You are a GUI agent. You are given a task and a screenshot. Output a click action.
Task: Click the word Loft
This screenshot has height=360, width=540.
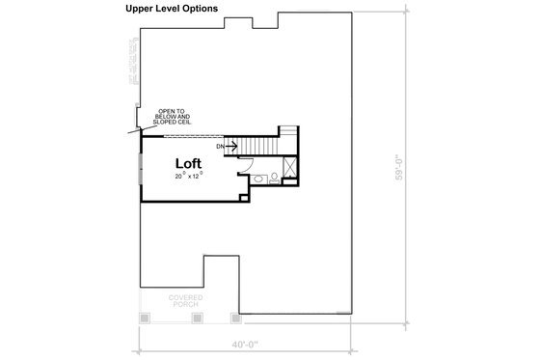pos(188,163)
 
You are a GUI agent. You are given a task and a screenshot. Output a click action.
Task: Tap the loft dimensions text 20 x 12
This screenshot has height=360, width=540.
pos(189,177)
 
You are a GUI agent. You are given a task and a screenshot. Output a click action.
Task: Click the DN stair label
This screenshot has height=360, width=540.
pos(221,146)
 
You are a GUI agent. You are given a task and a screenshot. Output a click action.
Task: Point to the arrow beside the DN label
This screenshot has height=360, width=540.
pos(232,146)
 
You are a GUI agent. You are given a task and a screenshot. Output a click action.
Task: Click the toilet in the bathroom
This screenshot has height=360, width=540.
pos(275,177)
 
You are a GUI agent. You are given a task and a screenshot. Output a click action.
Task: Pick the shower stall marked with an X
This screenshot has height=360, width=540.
pos(293,176)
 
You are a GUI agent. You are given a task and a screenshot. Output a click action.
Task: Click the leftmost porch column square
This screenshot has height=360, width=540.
pos(144,317)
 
